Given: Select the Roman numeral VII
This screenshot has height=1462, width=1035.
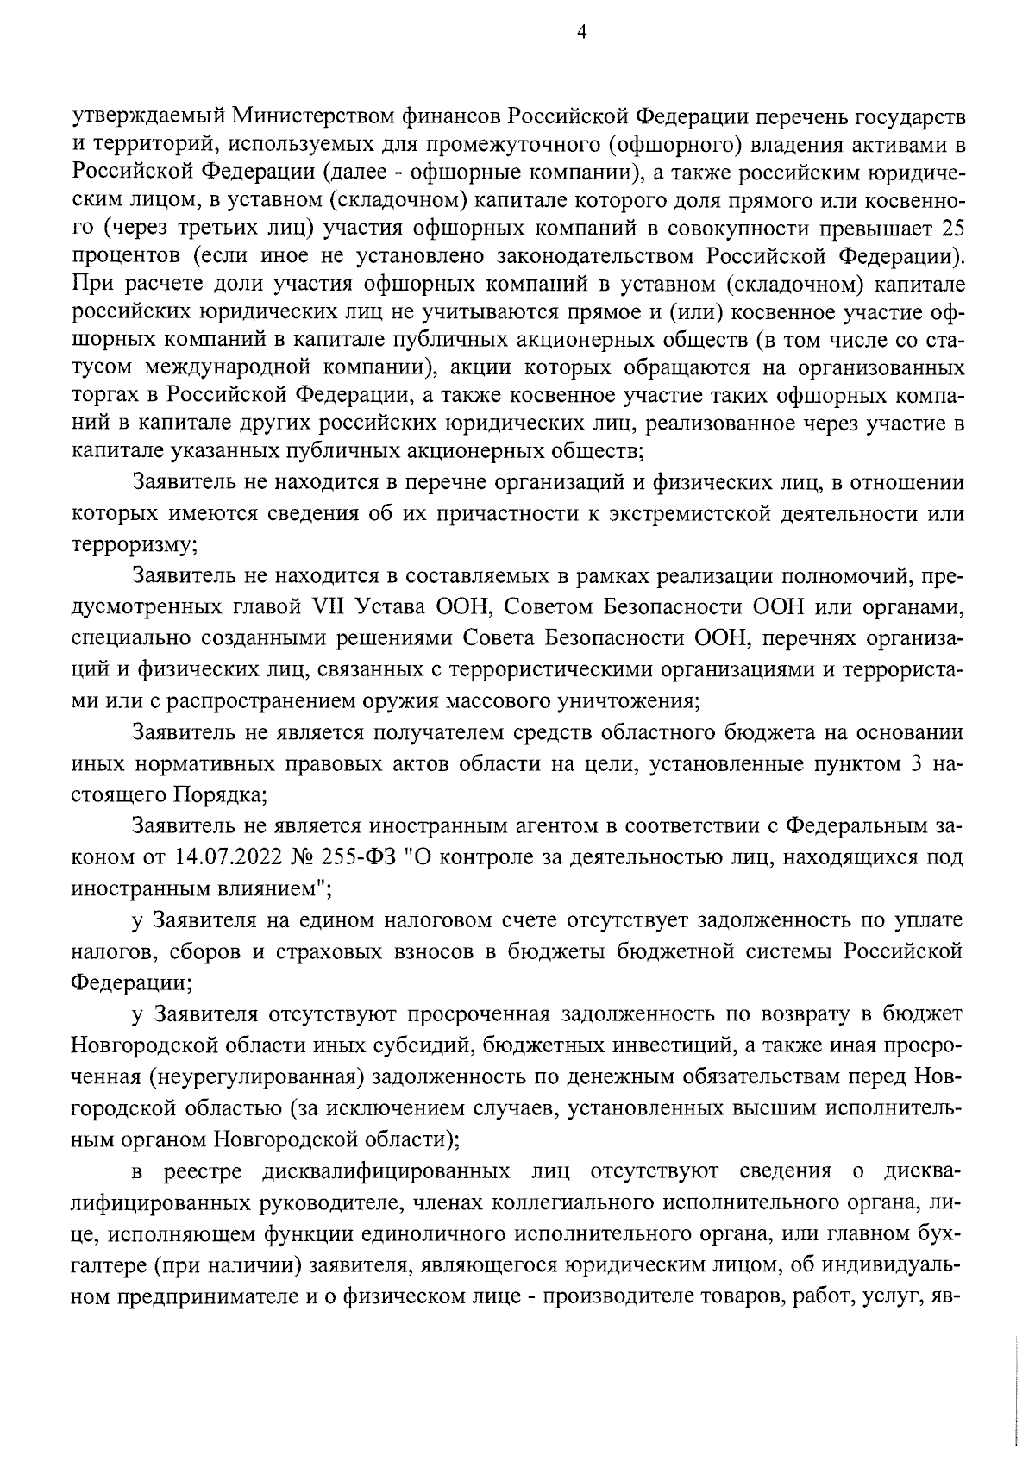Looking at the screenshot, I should [x=324, y=608].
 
